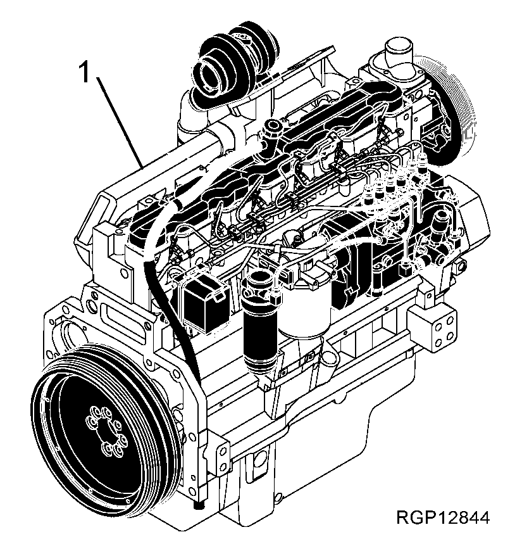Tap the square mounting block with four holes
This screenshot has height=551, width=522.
(x=436, y=326)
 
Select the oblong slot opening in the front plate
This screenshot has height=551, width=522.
(x=126, y=317)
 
